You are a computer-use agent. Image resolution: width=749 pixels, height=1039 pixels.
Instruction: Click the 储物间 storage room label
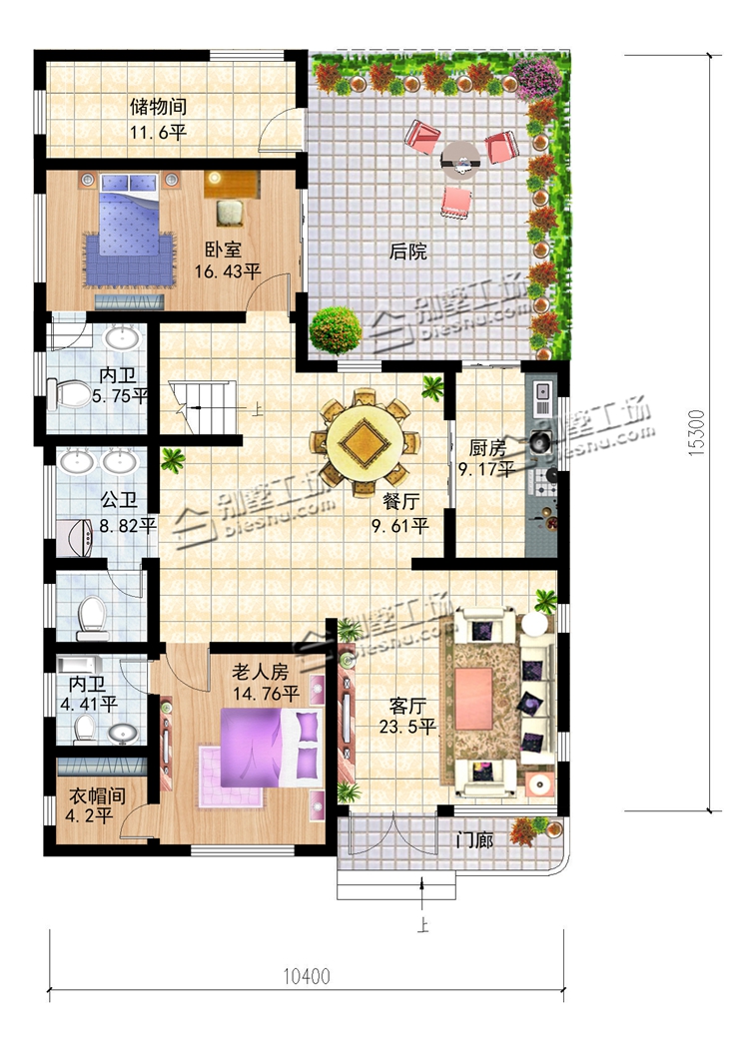click(158, 106)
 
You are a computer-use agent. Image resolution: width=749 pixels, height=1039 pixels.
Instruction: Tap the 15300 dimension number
click(697, 433)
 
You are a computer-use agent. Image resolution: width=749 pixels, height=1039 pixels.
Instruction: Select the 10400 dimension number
click(307, 976)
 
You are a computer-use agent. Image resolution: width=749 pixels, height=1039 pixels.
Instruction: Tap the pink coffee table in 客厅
click(474, 697)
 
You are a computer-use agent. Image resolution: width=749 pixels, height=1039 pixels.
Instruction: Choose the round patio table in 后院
click(461, 159)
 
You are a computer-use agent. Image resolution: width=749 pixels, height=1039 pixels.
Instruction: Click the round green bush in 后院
click(336, 330)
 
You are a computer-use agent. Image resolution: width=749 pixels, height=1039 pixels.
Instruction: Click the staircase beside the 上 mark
click(202, 408)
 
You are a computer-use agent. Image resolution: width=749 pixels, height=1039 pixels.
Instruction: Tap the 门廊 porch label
click(474, 840)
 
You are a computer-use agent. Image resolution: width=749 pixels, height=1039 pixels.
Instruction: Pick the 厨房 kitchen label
click(487, 448)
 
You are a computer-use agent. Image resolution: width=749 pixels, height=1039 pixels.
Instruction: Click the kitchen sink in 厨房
click(540, 396)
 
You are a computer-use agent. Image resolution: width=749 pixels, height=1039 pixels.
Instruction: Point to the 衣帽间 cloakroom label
click(98, 795)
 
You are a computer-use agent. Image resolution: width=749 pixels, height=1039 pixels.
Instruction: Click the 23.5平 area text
click(407, 727)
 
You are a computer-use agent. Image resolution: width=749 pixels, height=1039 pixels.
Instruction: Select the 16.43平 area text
click(228, 271)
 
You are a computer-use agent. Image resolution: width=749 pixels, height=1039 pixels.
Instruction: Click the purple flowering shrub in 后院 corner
click(537, 78)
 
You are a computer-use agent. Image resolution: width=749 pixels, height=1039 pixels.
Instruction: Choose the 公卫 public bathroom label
click(119, 499)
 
